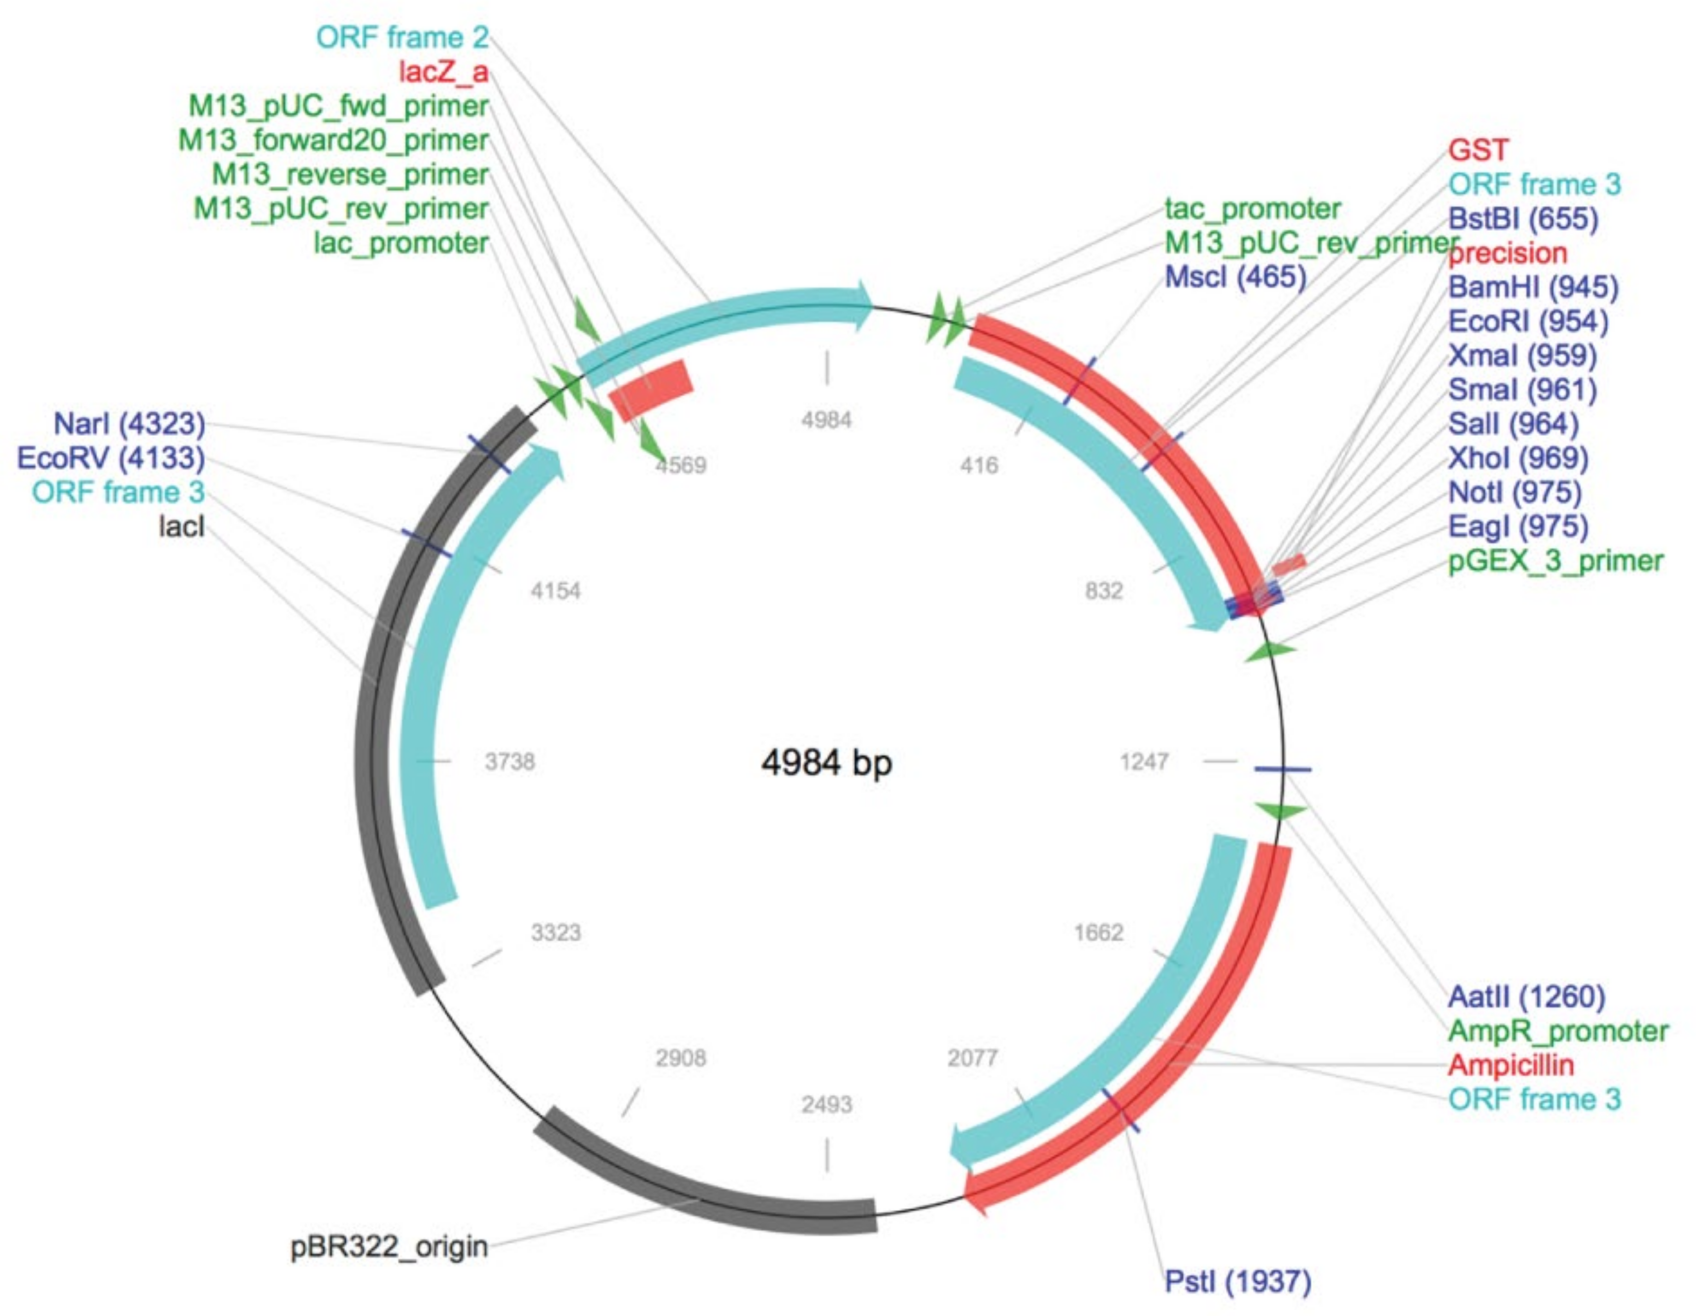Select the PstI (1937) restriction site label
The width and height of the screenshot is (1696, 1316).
click(x=1238, y=1281)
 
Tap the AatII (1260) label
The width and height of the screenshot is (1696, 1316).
click(x=1526, y=996)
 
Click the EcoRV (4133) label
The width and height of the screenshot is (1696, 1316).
click(x=111, y=458)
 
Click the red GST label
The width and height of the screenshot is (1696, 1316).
click(x=1478, y=150)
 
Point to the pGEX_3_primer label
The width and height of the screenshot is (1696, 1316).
click(x=1555, y=561)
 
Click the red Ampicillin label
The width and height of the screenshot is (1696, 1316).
click(x=1510, y=1064)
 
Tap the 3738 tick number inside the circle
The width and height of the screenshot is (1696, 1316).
click(x=509, y=762)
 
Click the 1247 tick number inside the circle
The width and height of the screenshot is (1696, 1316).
click(x=1144, y=762)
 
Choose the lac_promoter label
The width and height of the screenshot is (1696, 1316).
click(x=400, y=243)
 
